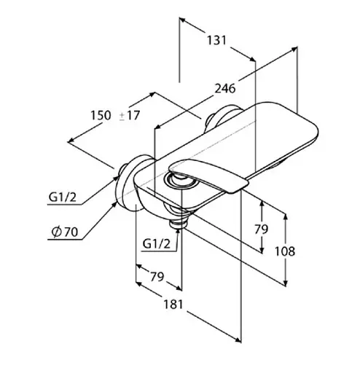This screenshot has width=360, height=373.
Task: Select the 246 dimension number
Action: click(x=224, y=90)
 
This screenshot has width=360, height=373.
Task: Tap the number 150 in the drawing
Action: click(x=100, y=115)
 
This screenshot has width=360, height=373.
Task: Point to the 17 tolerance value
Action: click(x=132, y=115)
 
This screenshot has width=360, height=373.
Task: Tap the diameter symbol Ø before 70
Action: click(x=56, y=232)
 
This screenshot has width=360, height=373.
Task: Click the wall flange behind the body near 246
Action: click(x=221, y=117)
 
